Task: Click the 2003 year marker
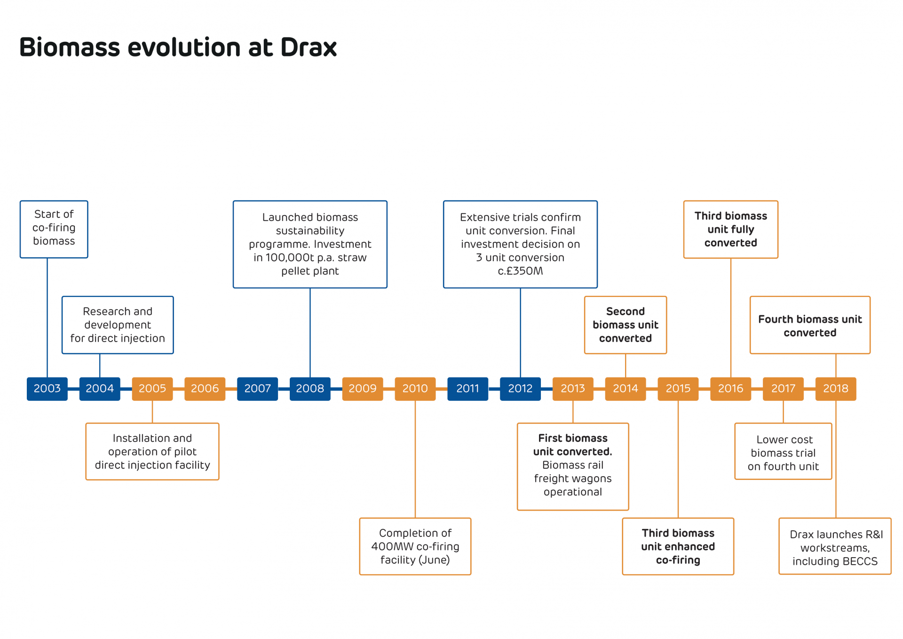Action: (47, 389)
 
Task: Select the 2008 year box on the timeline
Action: (310, 389)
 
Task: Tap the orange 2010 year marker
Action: (415, 389)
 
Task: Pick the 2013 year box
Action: (572, 389)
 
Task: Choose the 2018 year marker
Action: (835, 389)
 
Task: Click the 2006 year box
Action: (205, 389)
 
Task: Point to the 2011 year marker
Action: (467, 389)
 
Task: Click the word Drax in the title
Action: (309, 48)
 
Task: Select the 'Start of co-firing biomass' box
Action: (54, 229)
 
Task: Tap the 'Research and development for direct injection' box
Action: (118, 325)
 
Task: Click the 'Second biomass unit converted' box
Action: (625, 325)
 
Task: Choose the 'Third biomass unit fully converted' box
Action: (730, 229)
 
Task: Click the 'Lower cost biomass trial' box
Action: (783, 453)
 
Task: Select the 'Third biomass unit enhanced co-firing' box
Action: (678, 546)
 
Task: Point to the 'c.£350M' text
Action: (520, 271)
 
